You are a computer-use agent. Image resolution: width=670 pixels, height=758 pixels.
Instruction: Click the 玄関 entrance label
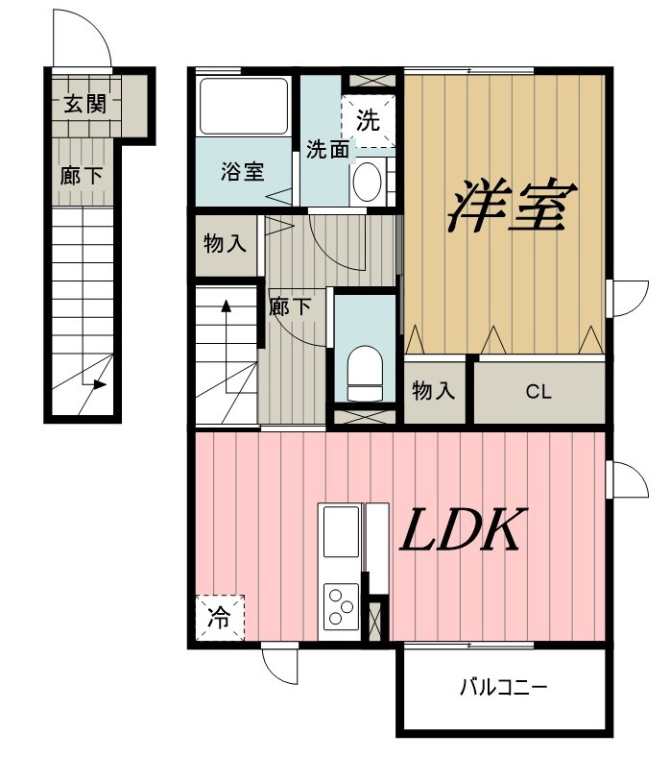click(85, 104)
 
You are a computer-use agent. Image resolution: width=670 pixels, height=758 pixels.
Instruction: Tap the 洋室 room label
click(513, 205)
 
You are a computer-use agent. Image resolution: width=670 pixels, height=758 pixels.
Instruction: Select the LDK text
click(463, 530)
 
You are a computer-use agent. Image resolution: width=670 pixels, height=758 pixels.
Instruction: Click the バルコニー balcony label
click(503, 687)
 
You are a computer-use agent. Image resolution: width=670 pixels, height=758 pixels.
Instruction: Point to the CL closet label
click(538, 392)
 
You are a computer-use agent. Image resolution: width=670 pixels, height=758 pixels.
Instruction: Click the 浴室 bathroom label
click(243, 171)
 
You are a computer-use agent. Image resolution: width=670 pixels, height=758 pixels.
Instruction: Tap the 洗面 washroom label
click(327, 149)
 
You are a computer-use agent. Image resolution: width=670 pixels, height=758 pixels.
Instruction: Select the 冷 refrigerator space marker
click(220, 618)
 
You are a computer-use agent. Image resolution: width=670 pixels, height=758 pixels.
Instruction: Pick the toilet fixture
click(365, 373)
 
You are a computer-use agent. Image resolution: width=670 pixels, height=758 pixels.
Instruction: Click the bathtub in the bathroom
click(244, 107)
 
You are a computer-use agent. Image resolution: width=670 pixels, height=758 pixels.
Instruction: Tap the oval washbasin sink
click(367, 182)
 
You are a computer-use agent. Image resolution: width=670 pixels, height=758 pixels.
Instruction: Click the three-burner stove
click(342, 604)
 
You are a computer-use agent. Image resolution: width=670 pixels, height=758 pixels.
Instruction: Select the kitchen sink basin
click(341, 531)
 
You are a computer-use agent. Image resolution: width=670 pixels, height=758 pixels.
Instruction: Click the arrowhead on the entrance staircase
click(100, 385)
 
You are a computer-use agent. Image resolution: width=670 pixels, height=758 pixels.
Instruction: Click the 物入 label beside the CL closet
click(434, 390)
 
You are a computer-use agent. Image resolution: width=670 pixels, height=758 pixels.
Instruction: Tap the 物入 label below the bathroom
click(226, 243)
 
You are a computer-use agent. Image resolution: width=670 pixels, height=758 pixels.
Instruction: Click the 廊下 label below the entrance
click(82, 176)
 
